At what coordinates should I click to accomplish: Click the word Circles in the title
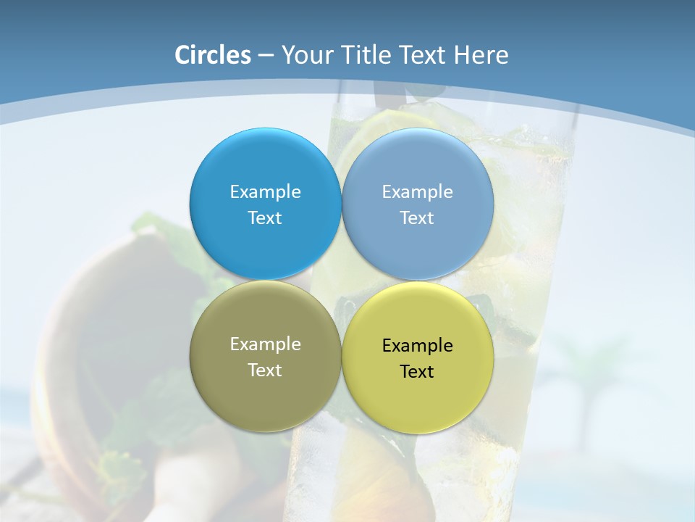coord(213,55)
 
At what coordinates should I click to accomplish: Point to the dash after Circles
coord(266,56)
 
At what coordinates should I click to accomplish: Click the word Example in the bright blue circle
coord(265,192)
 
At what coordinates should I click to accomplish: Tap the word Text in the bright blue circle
coord(265,218)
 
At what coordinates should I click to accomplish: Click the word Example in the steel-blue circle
coord(417,192)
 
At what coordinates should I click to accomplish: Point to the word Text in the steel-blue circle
coord(417,218)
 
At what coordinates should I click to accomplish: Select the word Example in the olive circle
coord(265,344)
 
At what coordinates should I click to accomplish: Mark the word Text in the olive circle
coord(265,370)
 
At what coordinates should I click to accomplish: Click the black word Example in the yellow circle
coord(417,346)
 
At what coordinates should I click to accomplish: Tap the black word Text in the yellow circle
coord(417,372)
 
